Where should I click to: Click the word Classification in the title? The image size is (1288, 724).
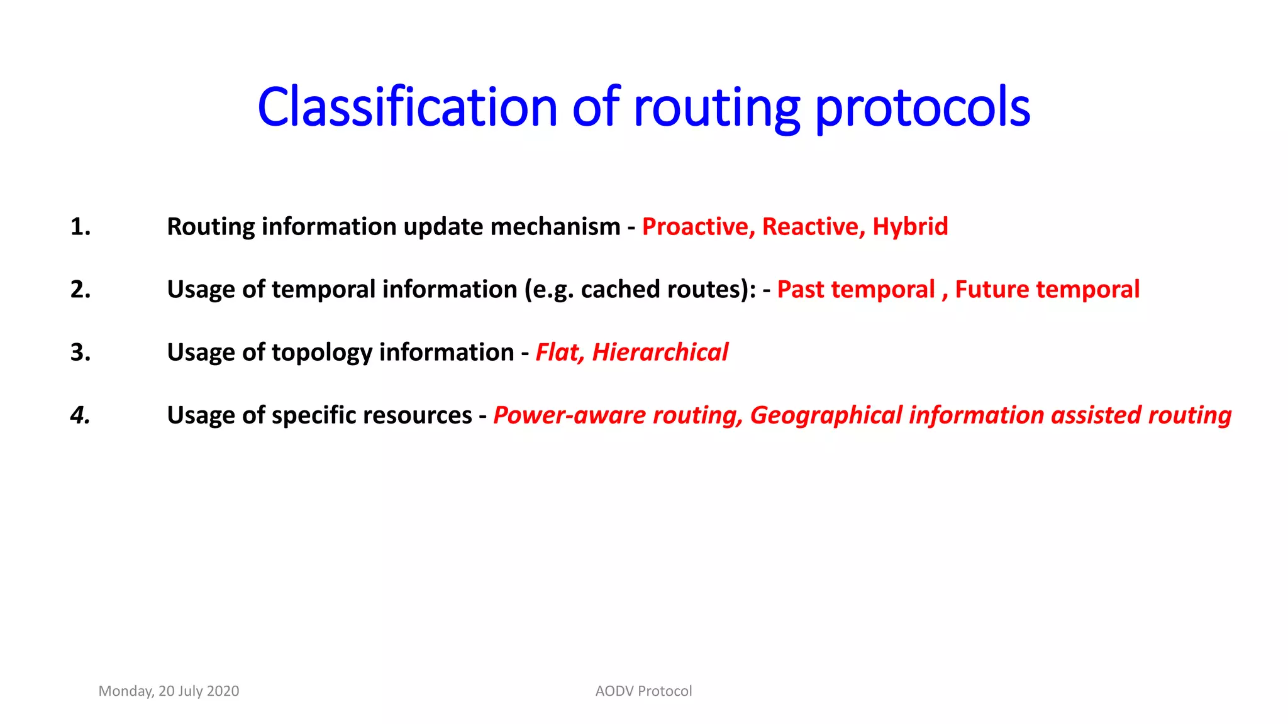(x=407, y=107)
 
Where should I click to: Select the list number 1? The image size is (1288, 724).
(x=80, y=227)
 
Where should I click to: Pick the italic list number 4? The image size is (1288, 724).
(x=80, y=415)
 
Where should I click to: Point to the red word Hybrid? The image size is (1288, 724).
(x=910, y=227)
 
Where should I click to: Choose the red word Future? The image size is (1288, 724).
(x=992, y=290)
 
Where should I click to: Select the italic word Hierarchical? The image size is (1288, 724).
(x=660, y=353)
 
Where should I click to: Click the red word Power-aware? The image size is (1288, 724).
(x=570, y=415)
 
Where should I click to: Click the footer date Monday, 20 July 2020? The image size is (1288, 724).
(x=169, y=691)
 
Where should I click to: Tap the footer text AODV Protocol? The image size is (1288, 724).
(x=643, y=691)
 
